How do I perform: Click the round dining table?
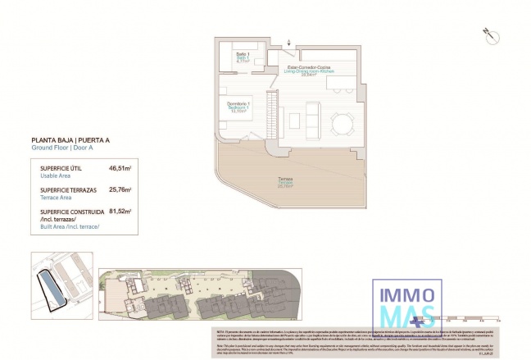click(342, 122)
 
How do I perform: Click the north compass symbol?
click(487, 34)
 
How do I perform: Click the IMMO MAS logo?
click(406, 300)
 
